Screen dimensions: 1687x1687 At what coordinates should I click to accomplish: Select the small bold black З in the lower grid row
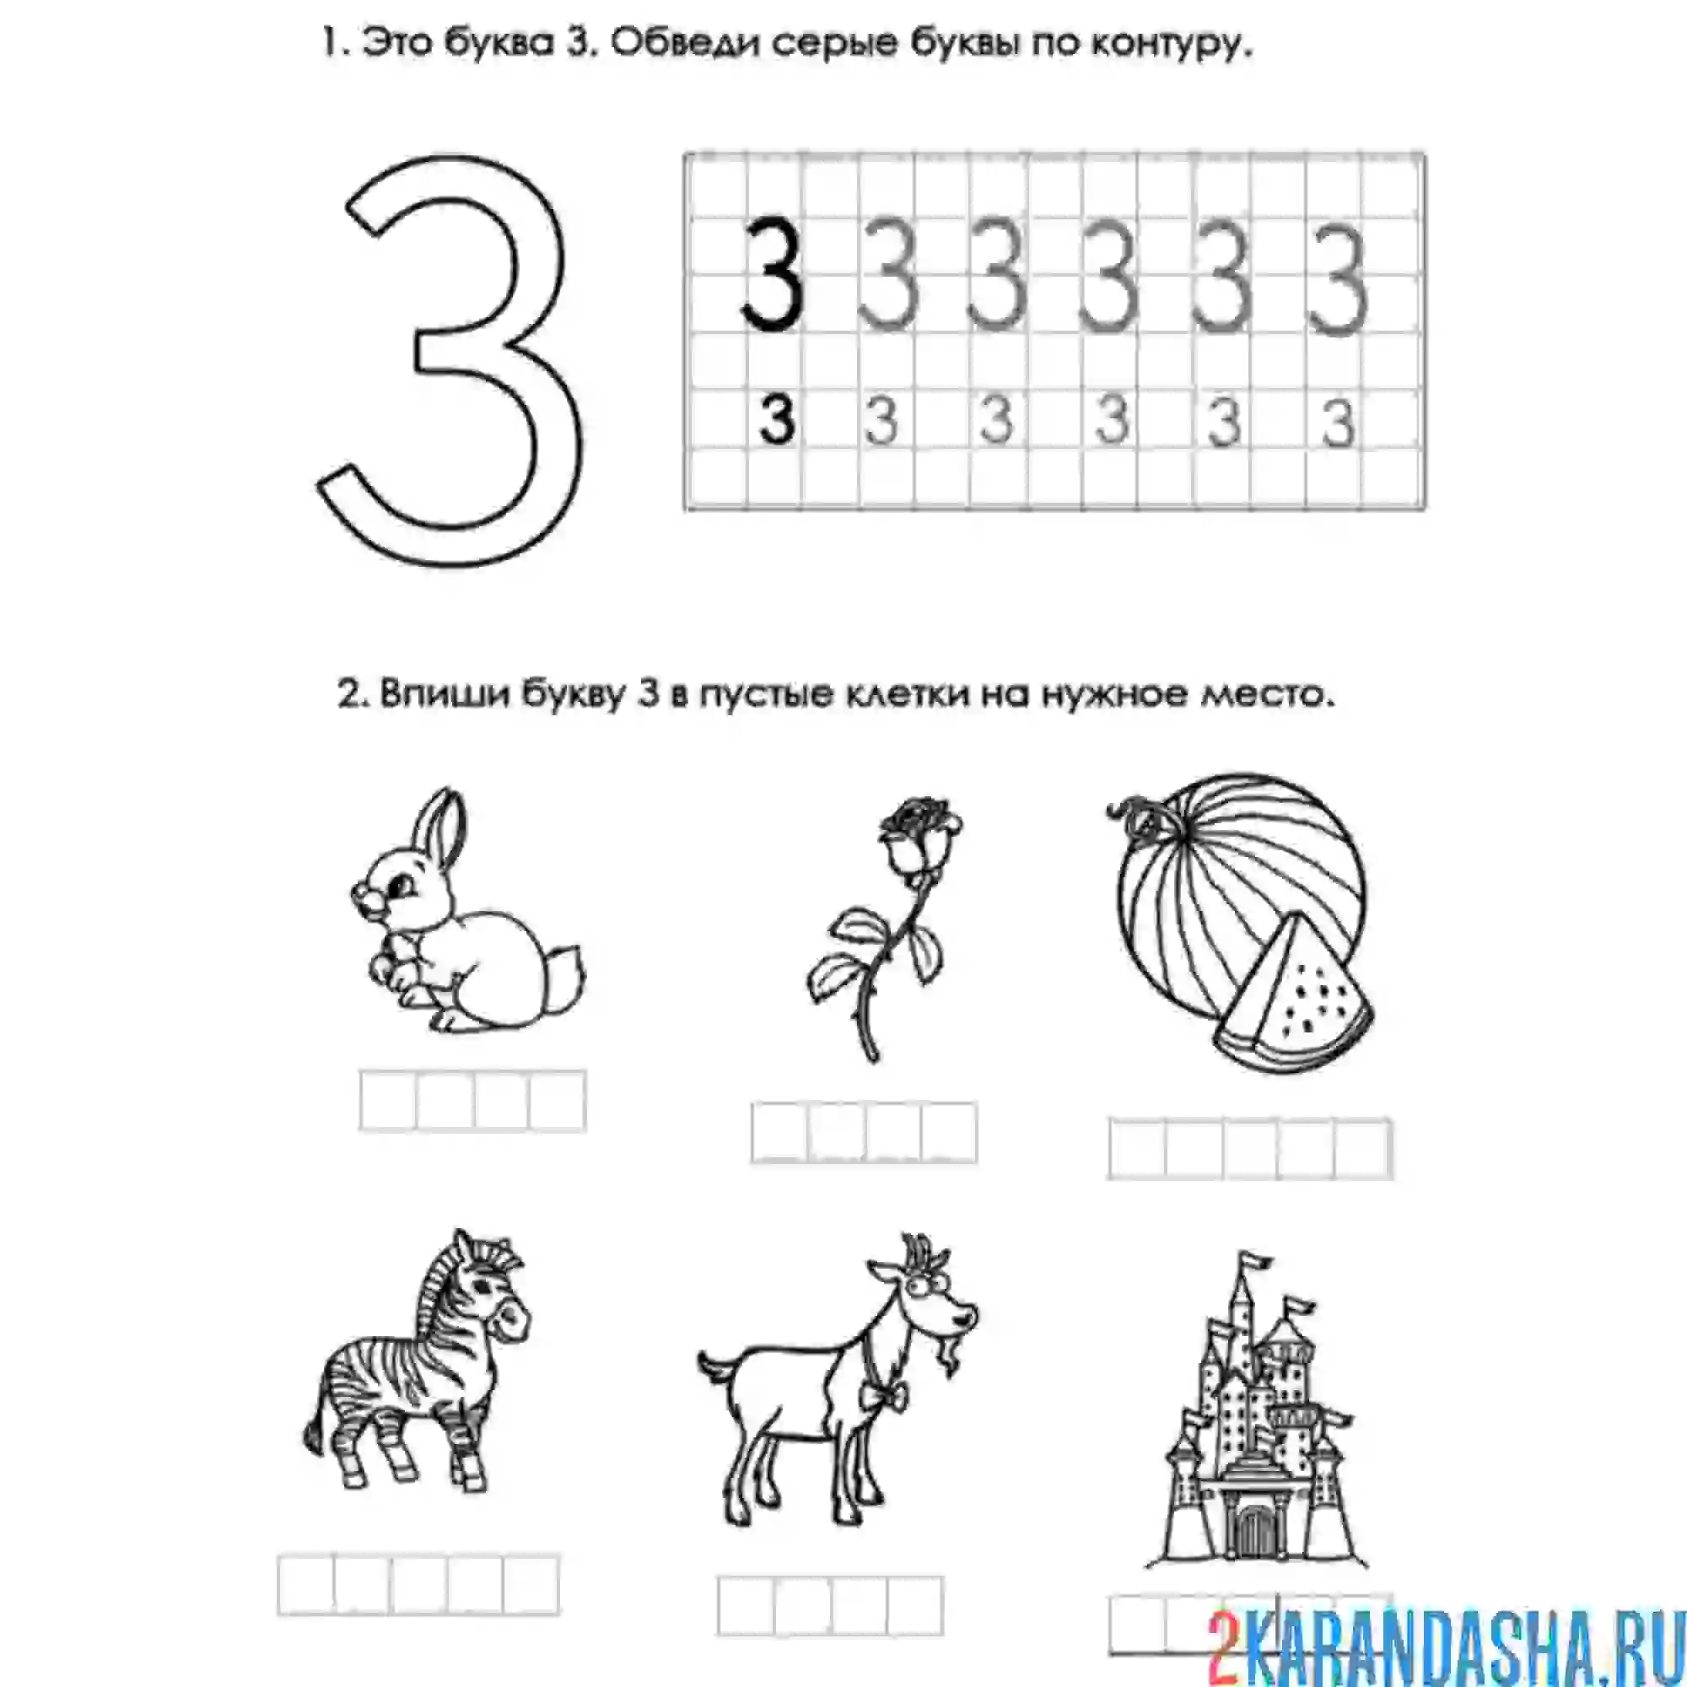click(x=776, y=420)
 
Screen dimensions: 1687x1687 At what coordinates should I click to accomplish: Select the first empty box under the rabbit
click(x=388, y=1101)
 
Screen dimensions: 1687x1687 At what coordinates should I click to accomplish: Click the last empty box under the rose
click(x=949, y=1133)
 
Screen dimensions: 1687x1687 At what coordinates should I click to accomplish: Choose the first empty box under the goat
click(x=746, y=1605)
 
